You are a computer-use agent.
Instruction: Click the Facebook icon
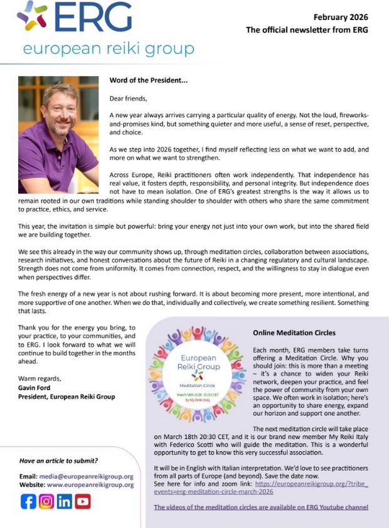click(x=28, y=502)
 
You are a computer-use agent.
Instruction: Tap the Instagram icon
click(x=46, y=502)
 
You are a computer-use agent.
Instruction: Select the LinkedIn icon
click(x=64, y=502)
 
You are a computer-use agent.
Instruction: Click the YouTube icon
click(x=82, y=502)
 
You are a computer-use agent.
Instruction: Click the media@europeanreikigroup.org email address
click(x=90, y=476)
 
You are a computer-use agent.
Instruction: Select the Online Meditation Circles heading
click(x=294, y=333)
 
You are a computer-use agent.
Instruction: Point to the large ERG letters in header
click(x=93, y=18)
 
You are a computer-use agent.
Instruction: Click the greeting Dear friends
click(x=130, y=98)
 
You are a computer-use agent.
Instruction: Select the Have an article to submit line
click(x=58, y=460)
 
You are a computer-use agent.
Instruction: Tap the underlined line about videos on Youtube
click(x=261, y=507)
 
